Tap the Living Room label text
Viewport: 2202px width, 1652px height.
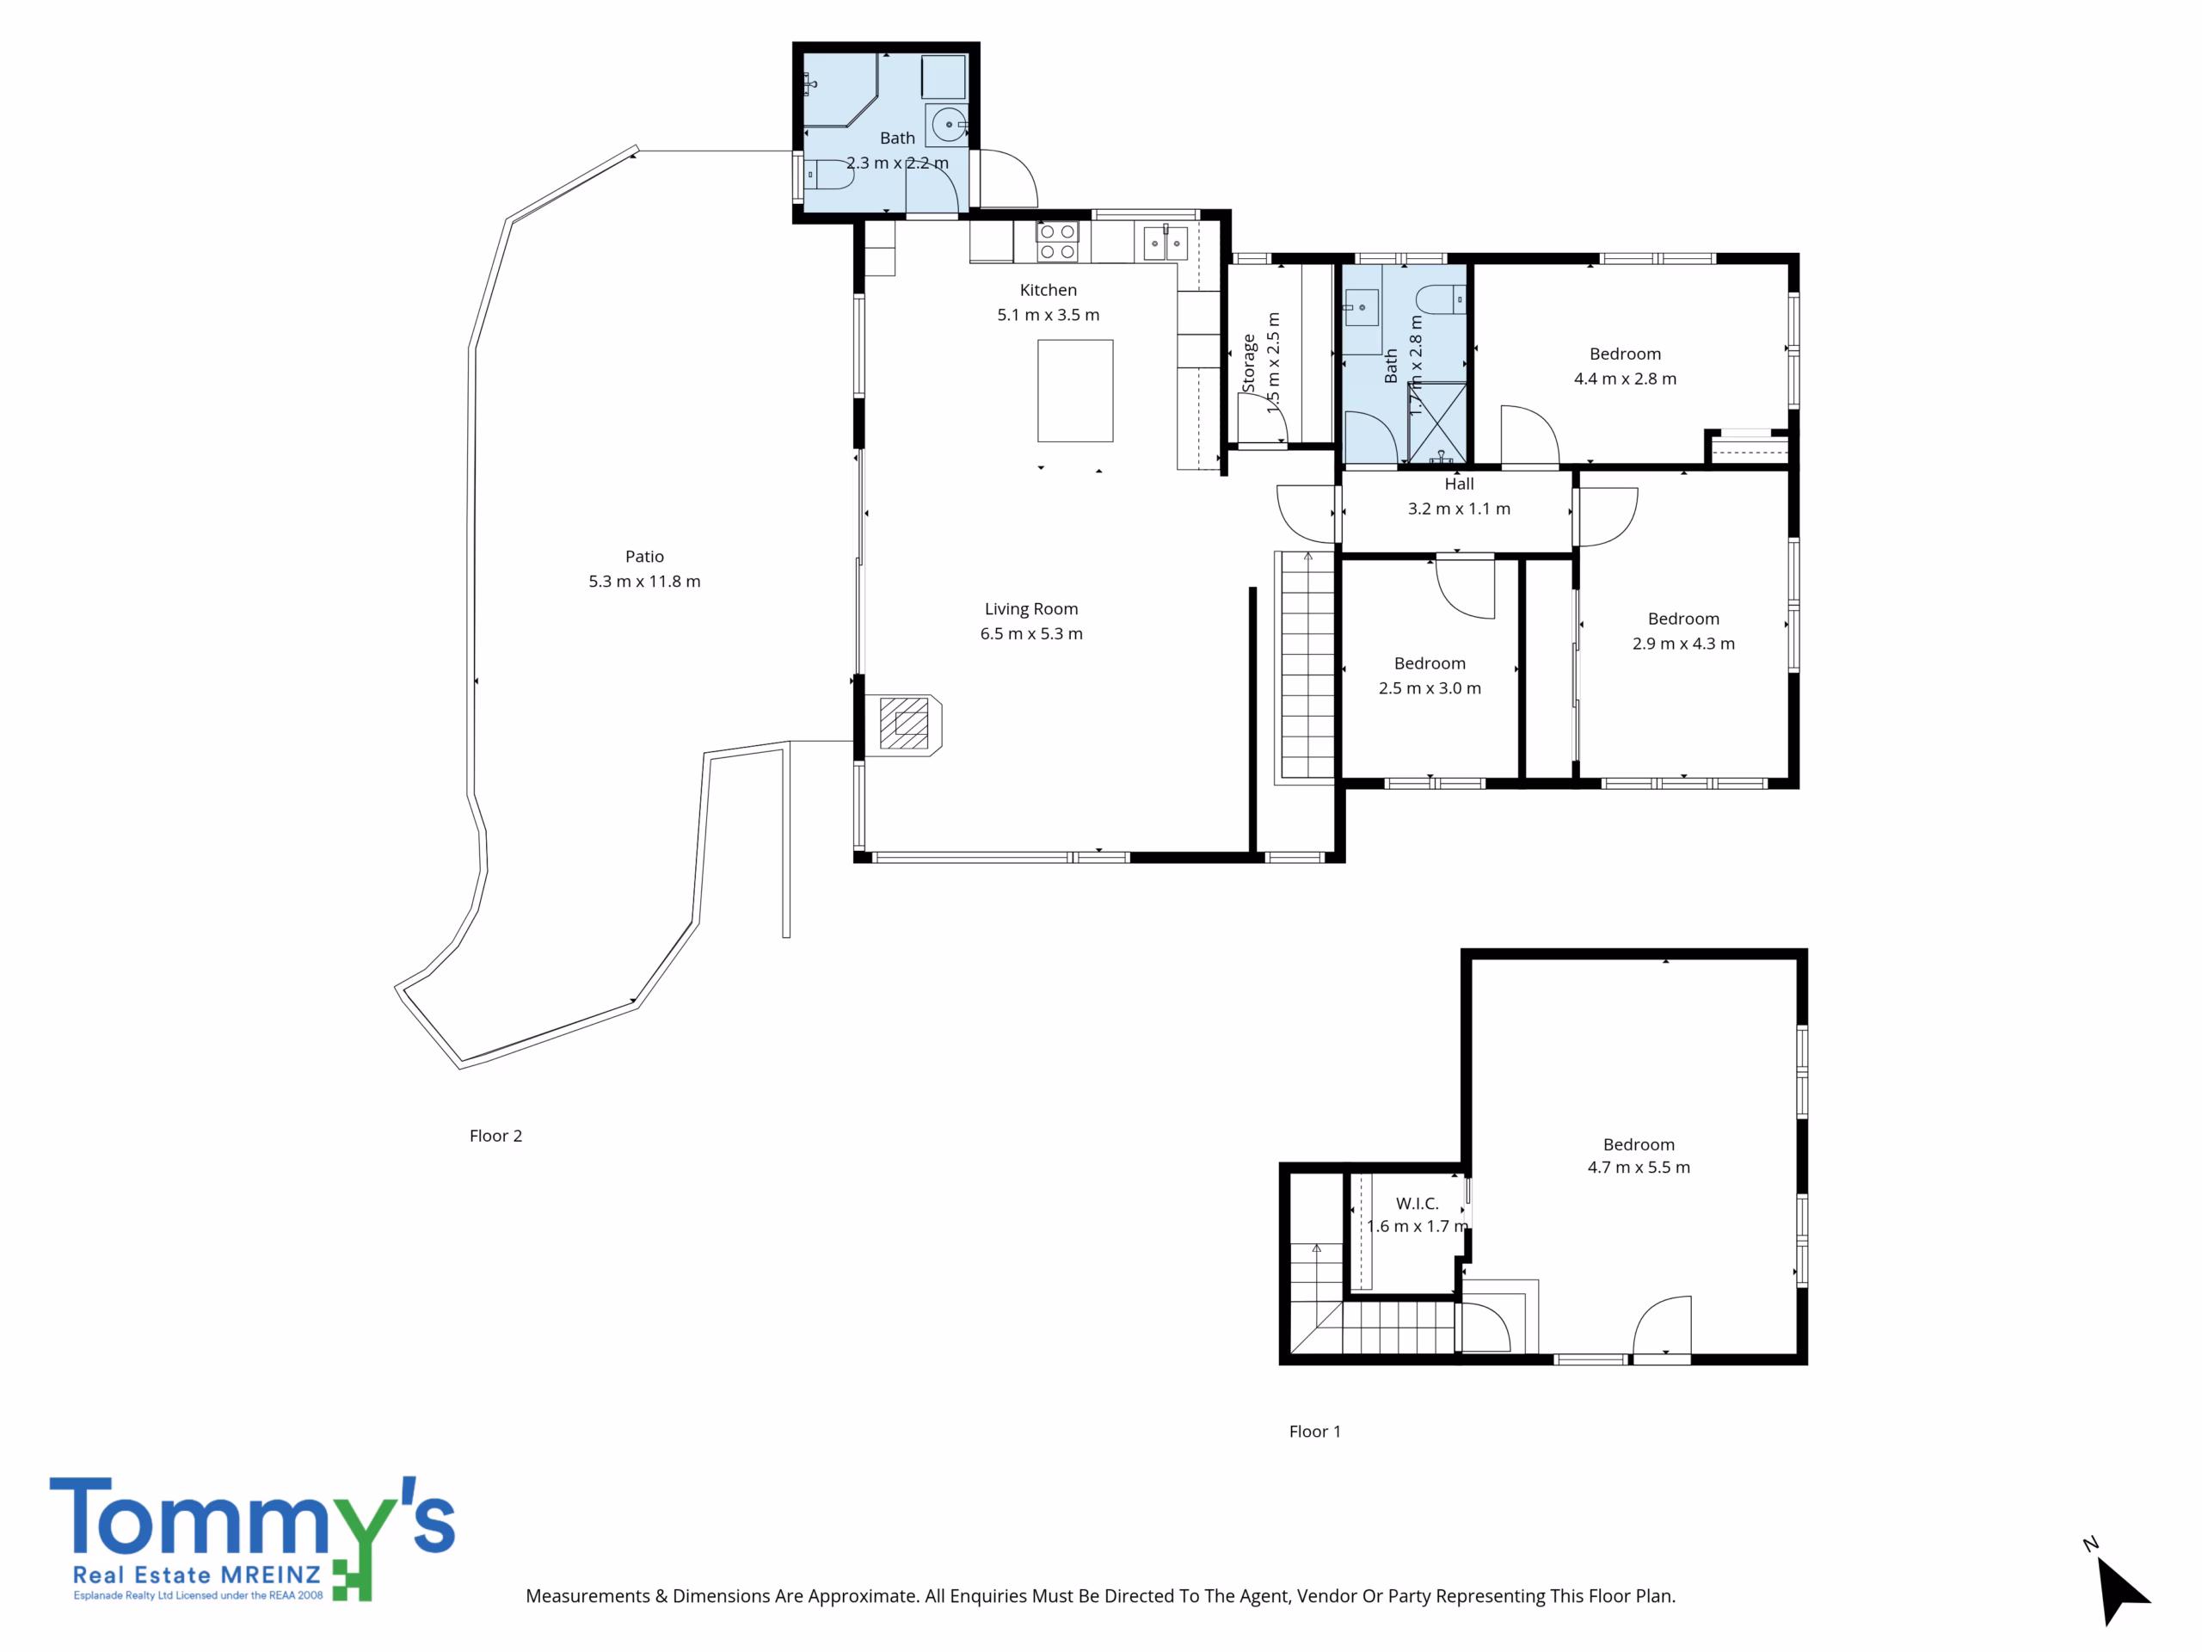1031,608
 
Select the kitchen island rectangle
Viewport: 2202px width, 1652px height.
1075,391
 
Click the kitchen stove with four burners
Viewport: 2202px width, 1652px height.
1057,242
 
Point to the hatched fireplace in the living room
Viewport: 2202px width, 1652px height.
905,723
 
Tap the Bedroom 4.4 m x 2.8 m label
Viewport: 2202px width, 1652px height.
1625,367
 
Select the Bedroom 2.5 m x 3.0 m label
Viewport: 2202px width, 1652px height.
1430,675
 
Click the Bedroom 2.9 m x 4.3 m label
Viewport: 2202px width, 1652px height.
1683,632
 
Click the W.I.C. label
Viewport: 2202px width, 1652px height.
1417,1204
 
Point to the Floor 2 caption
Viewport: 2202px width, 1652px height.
495,1137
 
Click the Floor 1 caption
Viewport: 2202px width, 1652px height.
1315,1432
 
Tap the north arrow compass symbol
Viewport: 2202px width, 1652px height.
2120,1589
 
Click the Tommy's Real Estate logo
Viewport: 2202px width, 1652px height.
252,1539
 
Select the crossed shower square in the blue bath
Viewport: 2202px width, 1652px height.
1437,423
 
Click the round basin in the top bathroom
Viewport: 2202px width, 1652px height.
948,125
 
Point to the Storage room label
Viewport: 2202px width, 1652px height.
1248,363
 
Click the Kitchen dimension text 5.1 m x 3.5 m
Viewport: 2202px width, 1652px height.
1049,315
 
